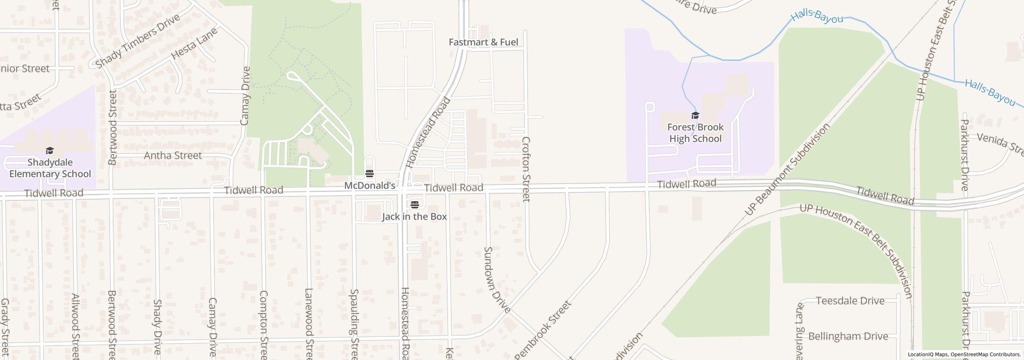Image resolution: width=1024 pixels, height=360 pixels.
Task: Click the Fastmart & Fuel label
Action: pos(483,42)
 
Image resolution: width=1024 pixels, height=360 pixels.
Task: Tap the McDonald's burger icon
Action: pos(369,174)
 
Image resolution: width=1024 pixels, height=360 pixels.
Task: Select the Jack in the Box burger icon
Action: pos(415,205)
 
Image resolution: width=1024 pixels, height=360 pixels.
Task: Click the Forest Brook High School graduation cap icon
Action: pos(695,116)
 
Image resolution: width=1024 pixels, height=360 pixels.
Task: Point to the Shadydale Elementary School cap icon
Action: pos(50,151)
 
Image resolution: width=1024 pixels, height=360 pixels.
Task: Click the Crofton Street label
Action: pos(526,169)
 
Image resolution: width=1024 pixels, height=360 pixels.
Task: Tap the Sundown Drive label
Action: pos(497,280)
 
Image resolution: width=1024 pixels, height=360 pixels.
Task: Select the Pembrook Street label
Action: pos(543,330)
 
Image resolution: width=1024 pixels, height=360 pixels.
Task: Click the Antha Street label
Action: pos(173,155)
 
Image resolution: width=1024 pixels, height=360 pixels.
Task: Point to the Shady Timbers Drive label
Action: pos(138,40)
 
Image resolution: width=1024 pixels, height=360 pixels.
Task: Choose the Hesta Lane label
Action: pos(194,44)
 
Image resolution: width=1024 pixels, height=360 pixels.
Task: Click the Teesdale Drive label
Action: pos(850,301)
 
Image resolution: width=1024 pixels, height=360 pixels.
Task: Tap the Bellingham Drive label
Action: pos(848,336)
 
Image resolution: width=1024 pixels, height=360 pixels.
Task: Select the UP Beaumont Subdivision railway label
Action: pos(787,170)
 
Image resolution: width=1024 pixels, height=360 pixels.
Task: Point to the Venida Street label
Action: pos(1000,144)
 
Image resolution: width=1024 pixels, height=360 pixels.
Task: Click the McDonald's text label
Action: pos(370,186)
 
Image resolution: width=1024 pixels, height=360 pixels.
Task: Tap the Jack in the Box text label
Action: pos(414,217)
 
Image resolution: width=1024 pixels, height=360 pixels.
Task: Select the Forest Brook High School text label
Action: pos(695,133)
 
